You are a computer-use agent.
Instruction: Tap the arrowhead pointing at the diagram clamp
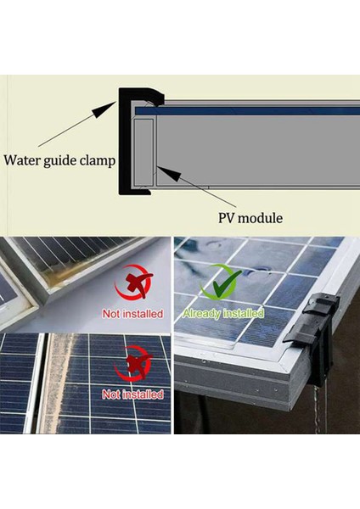(x=116, y=103)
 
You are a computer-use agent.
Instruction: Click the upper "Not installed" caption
(x=132, y=313)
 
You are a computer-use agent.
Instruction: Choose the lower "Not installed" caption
(x=132, y=394)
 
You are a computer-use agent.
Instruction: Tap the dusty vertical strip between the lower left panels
(x=59, y=382)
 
